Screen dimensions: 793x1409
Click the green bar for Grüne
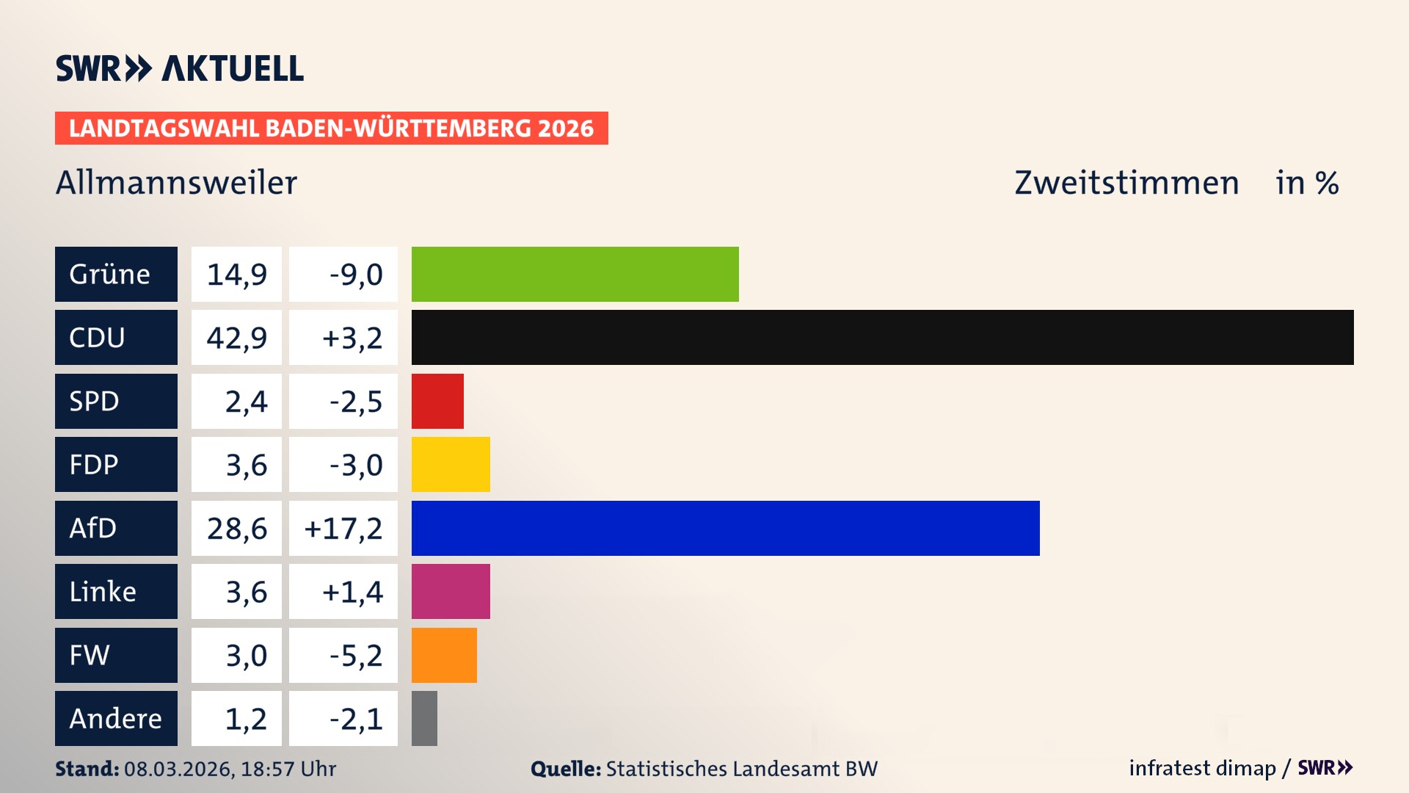(x=575, y=274)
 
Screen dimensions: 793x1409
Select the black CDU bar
(x=882, y=337)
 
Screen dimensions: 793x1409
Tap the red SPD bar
(x=437, y=401)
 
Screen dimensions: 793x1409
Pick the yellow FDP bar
(x=451, y=464)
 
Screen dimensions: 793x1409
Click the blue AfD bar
(x=725, y=528)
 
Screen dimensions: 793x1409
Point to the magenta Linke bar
(x=451, y=591)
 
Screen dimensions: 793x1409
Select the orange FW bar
(x=444, y=655)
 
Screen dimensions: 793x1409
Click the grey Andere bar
(x=424, y=718)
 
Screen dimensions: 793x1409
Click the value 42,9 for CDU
(x=236, y=338)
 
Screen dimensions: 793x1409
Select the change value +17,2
(x=343, y=528)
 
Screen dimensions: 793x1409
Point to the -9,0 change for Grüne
(x=356, y=275)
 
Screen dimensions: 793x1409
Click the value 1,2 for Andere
(x=246, y=719)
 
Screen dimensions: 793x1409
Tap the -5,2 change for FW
(x=356, y=655)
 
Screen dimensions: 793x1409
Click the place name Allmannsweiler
(x=176, y=183)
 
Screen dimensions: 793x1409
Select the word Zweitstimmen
(x=1126, y=183)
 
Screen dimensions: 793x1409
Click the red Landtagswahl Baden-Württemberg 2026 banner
(x=331, y=128)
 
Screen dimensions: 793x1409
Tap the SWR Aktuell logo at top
(x=180, y=68)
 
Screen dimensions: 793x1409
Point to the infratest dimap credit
(x=1202, y=768)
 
